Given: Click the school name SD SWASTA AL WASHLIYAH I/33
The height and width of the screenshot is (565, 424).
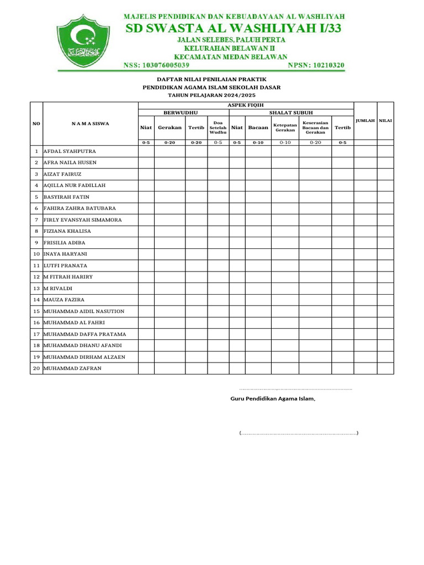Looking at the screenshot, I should pyautogui.click(x=234, y=29).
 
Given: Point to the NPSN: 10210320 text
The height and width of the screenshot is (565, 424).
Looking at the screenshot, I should pyautogui.click(x=316, y=65).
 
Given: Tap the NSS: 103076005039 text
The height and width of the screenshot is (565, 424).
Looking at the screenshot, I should pyautogui.click(x=156, y=65).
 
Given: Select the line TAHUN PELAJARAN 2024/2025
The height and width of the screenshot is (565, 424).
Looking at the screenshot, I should pyautogui.click(x=211, y=95).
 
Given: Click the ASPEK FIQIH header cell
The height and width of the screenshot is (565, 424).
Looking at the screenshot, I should pyautogui.click(x=246, y=105).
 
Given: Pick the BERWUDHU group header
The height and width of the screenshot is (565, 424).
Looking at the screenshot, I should pyautogui.click(x=183, y=113).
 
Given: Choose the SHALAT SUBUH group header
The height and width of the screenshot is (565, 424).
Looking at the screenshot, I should pyautogui.click(x=291, y=113).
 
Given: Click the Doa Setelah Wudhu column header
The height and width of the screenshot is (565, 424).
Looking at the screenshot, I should pyautogui.click(x=218, y=127).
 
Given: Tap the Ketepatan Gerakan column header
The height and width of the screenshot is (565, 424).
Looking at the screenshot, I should pyautogui.click(x=285, y=127).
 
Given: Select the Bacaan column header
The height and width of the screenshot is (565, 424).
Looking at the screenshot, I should pyautogui.click(x=258, y=127).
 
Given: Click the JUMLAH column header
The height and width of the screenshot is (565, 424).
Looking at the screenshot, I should pyautogui.click(x=365, y=120).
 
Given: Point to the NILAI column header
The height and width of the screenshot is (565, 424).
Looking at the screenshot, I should pyautogui.click(x=385, y=120).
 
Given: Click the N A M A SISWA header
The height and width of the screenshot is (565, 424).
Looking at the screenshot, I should pyautogui.click(x=90, y=124).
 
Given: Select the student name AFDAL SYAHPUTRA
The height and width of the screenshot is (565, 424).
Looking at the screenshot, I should pyautogui.click(x=70, y=151).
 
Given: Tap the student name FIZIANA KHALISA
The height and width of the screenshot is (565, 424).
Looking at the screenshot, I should pyautogui.click(x=67, y=231).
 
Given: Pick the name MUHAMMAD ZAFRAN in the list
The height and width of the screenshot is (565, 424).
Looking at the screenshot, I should pyautogui.click(x=72, y=368).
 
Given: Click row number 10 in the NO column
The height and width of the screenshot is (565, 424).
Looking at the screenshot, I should pyautogui.click(x=36, y=254).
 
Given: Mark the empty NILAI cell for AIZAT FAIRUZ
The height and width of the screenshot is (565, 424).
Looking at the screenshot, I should pyautogui.click(x=385, y=174).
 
